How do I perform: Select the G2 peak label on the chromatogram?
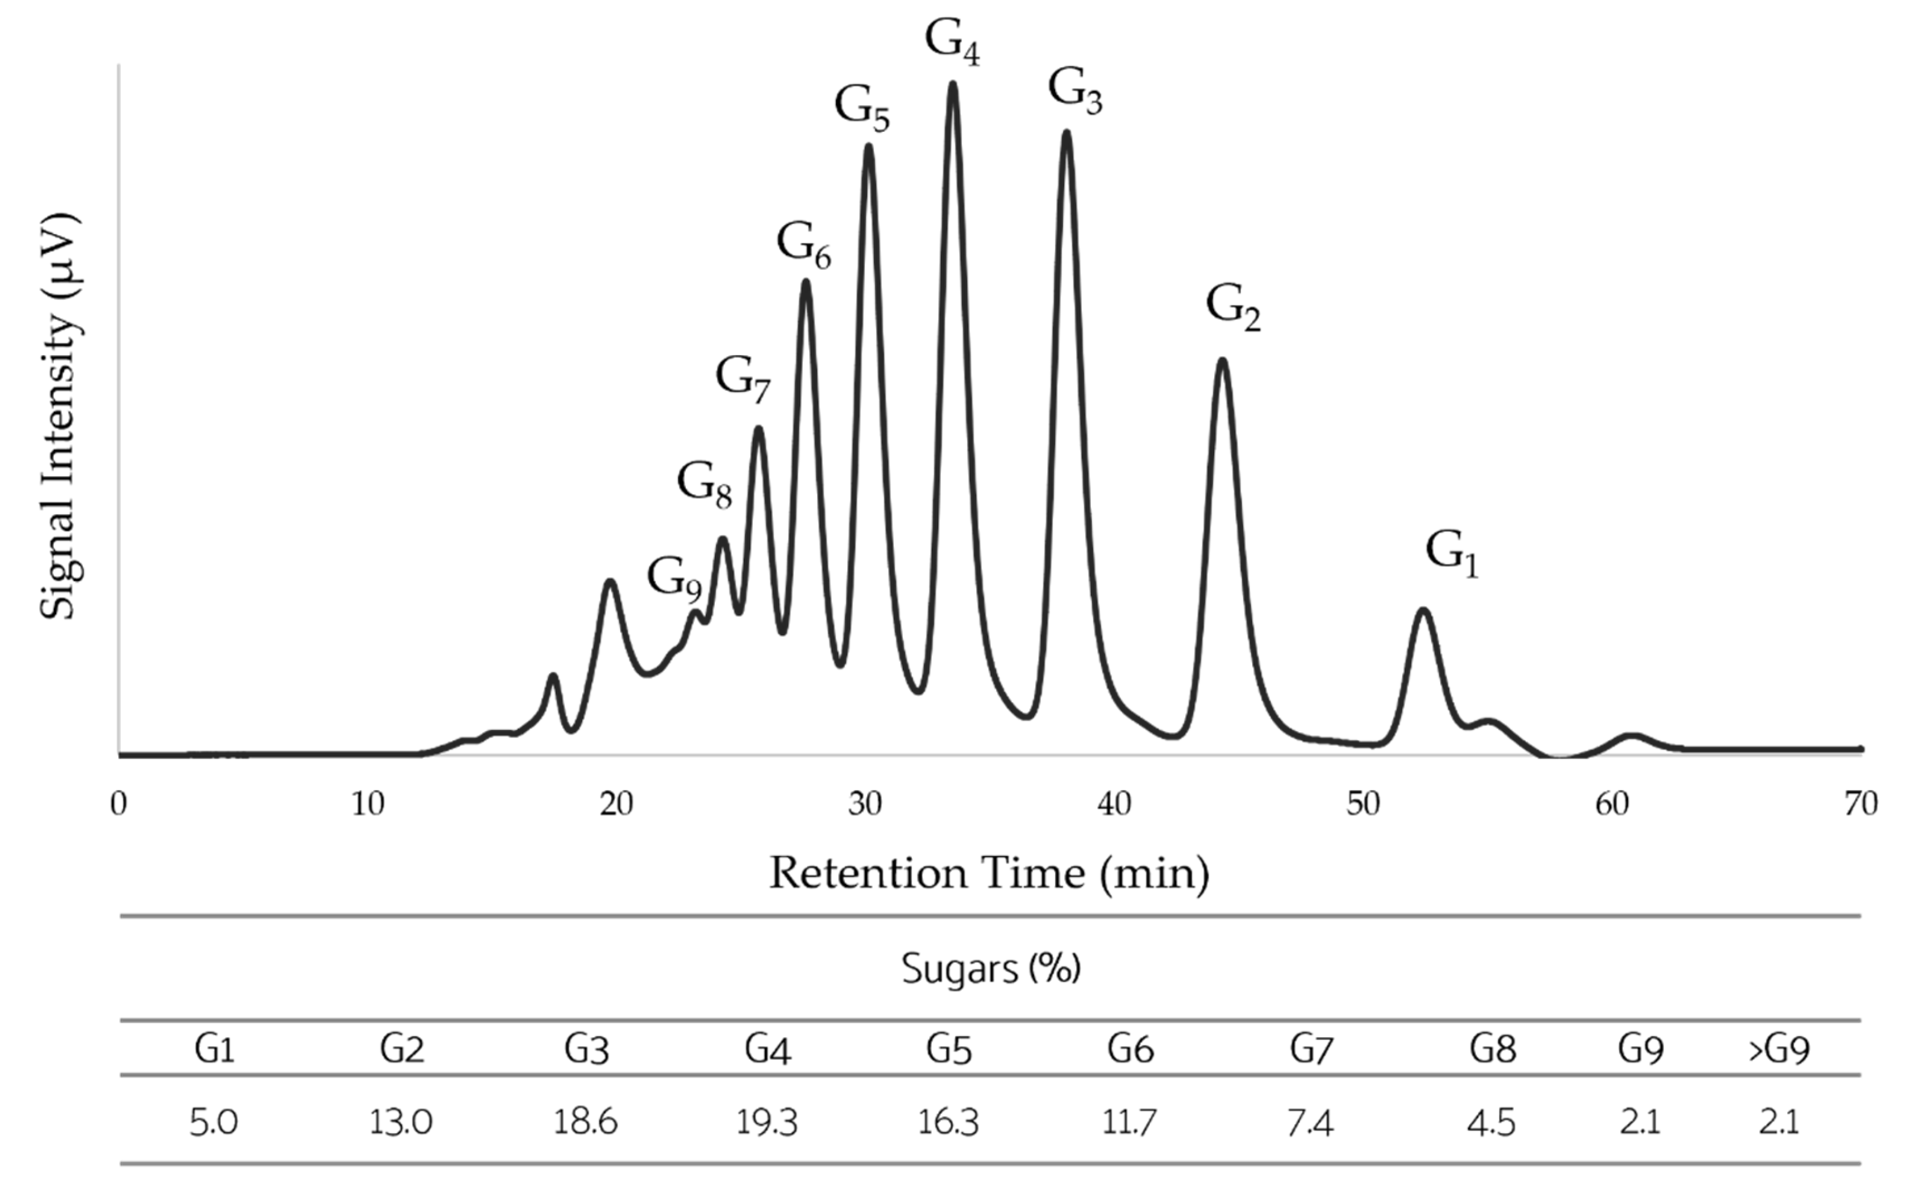pyautogui.click(x=1233, y=308)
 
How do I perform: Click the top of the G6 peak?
pyautogui.click(x=805, y=281)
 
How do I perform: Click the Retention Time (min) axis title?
pyautogui.click(x=988, y=874)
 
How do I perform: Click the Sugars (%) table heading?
pyautogui.click(x=990, y=968)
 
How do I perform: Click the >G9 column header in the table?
pyautogui.click(x=1778, y=1049)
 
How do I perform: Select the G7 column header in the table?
pyautogui.click(x=1311, y=1049)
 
